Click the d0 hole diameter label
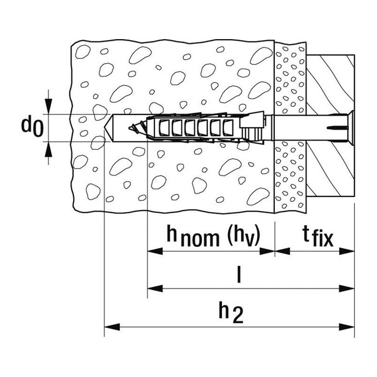[33, 127]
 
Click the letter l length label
[238, 274]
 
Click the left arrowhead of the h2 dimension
[112, 327]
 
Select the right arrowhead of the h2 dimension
[347, 327]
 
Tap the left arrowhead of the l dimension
[155, 288]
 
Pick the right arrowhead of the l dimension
[347, 288]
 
